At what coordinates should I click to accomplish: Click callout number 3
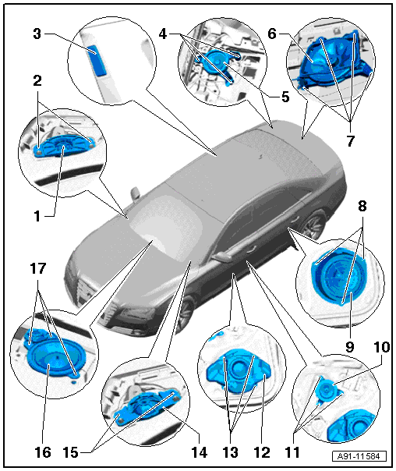37,34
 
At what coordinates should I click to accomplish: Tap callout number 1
37,216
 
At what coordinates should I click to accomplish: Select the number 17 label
38,268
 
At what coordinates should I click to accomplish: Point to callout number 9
350,347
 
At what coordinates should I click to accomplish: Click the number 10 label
382,347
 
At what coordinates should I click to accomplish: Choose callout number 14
199,452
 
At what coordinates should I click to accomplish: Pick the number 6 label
272,34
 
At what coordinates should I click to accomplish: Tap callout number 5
285,97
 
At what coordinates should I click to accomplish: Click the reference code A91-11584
359,457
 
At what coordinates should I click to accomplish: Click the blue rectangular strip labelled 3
97,60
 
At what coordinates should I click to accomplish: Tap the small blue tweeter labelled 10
326,389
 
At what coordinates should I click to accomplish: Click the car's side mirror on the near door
221,257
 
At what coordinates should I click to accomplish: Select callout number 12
262,452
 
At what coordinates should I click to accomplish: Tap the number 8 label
362,207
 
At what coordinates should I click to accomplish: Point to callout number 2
37,80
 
